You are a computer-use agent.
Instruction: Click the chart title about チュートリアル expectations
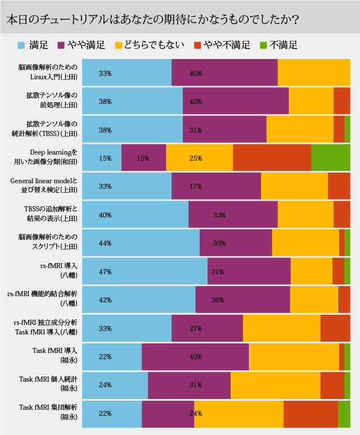[x=152, y=19]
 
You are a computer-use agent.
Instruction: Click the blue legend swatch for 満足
[x=21, y=45]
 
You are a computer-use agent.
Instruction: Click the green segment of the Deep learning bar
[x=330, y=158]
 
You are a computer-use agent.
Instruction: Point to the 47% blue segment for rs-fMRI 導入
[x=145, y=271]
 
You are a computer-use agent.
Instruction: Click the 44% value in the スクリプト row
[x=105, y=243]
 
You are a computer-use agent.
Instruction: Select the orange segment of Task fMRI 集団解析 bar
[x=310, y=413]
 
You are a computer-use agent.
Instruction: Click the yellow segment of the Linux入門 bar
[x=313, y=72]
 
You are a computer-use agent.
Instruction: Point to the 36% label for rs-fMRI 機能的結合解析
[x=218, y=300]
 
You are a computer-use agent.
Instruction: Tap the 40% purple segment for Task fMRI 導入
[x=195, y=357]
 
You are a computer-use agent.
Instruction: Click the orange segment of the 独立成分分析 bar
[x=335, y=328]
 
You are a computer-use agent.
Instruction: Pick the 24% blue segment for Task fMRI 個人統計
[x=115, y=385]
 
